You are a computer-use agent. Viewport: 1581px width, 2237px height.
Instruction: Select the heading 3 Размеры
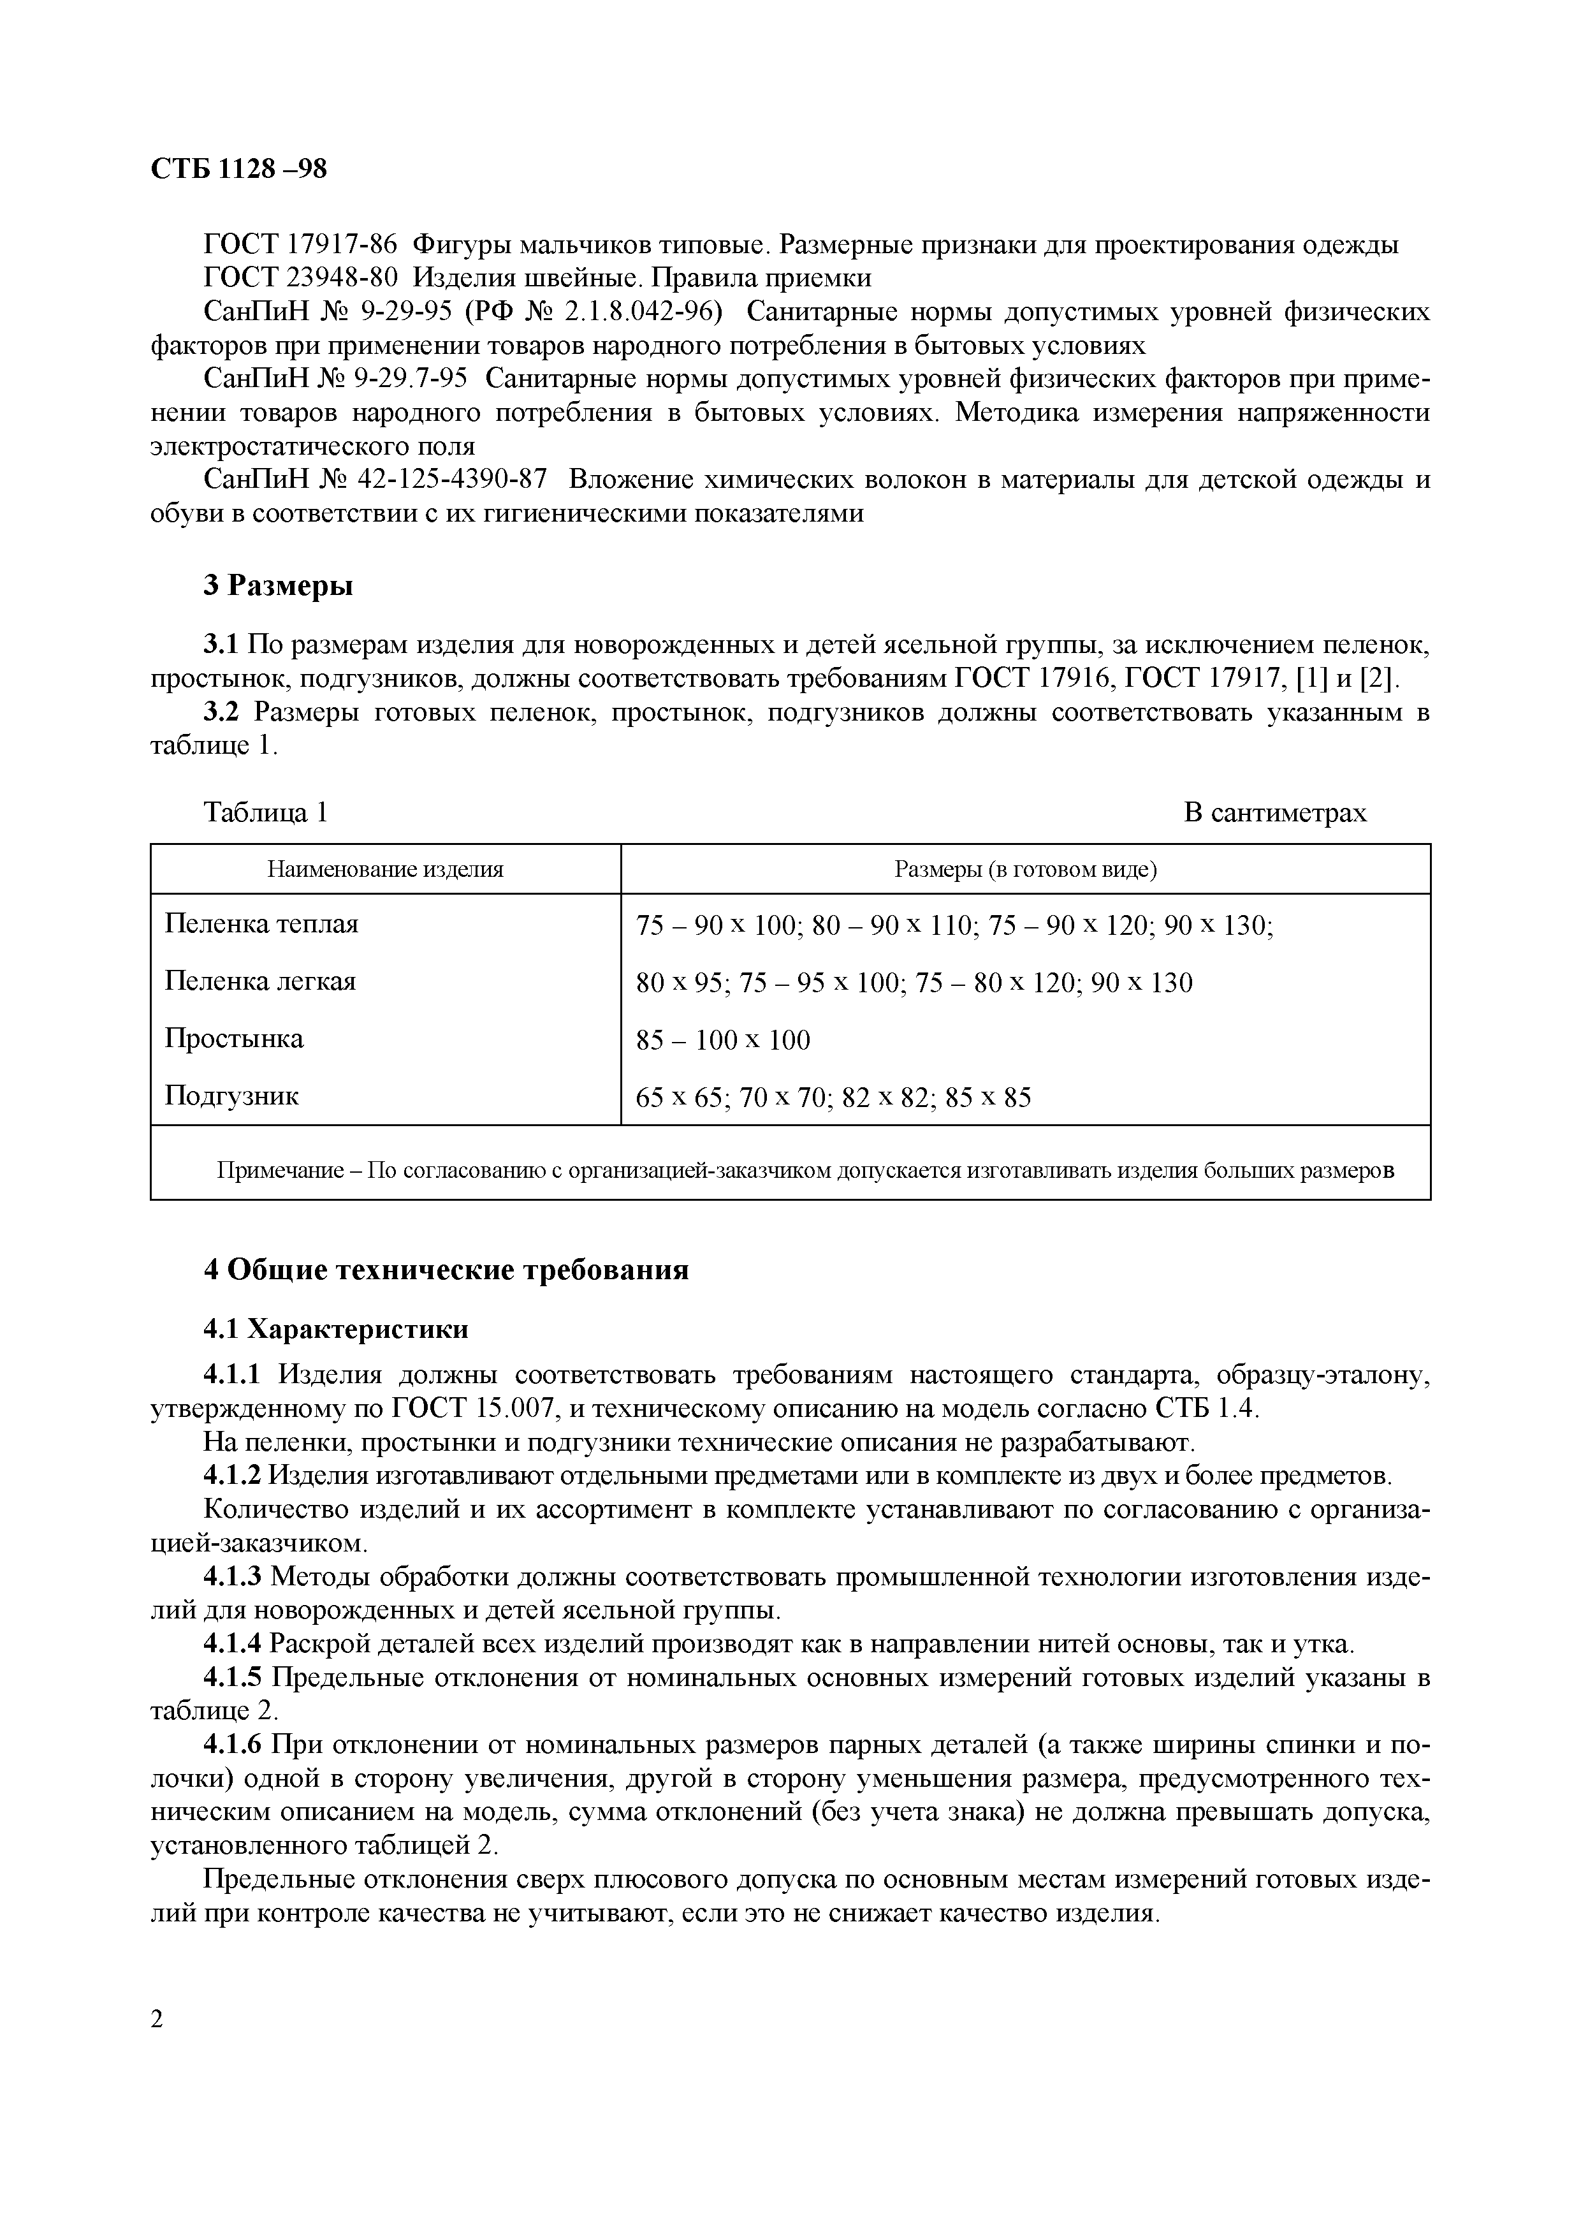(x=277, y=585)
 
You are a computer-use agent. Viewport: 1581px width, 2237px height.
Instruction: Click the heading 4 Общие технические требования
(x=445, y=1270)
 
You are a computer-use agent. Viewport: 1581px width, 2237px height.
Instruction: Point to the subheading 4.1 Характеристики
(x=335, y=1329)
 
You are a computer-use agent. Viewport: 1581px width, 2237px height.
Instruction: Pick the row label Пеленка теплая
(x=261, y=923)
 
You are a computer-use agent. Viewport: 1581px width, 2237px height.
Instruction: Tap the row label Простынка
(x=234, y=1039)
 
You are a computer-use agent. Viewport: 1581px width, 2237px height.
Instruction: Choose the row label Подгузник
(x=232, y=1096)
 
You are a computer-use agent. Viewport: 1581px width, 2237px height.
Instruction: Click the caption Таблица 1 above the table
(x=265, y=812)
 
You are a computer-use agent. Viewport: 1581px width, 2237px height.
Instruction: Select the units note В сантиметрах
(x=1275, y=812)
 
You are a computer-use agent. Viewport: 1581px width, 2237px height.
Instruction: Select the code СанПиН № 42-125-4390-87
(x=375, y=480)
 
